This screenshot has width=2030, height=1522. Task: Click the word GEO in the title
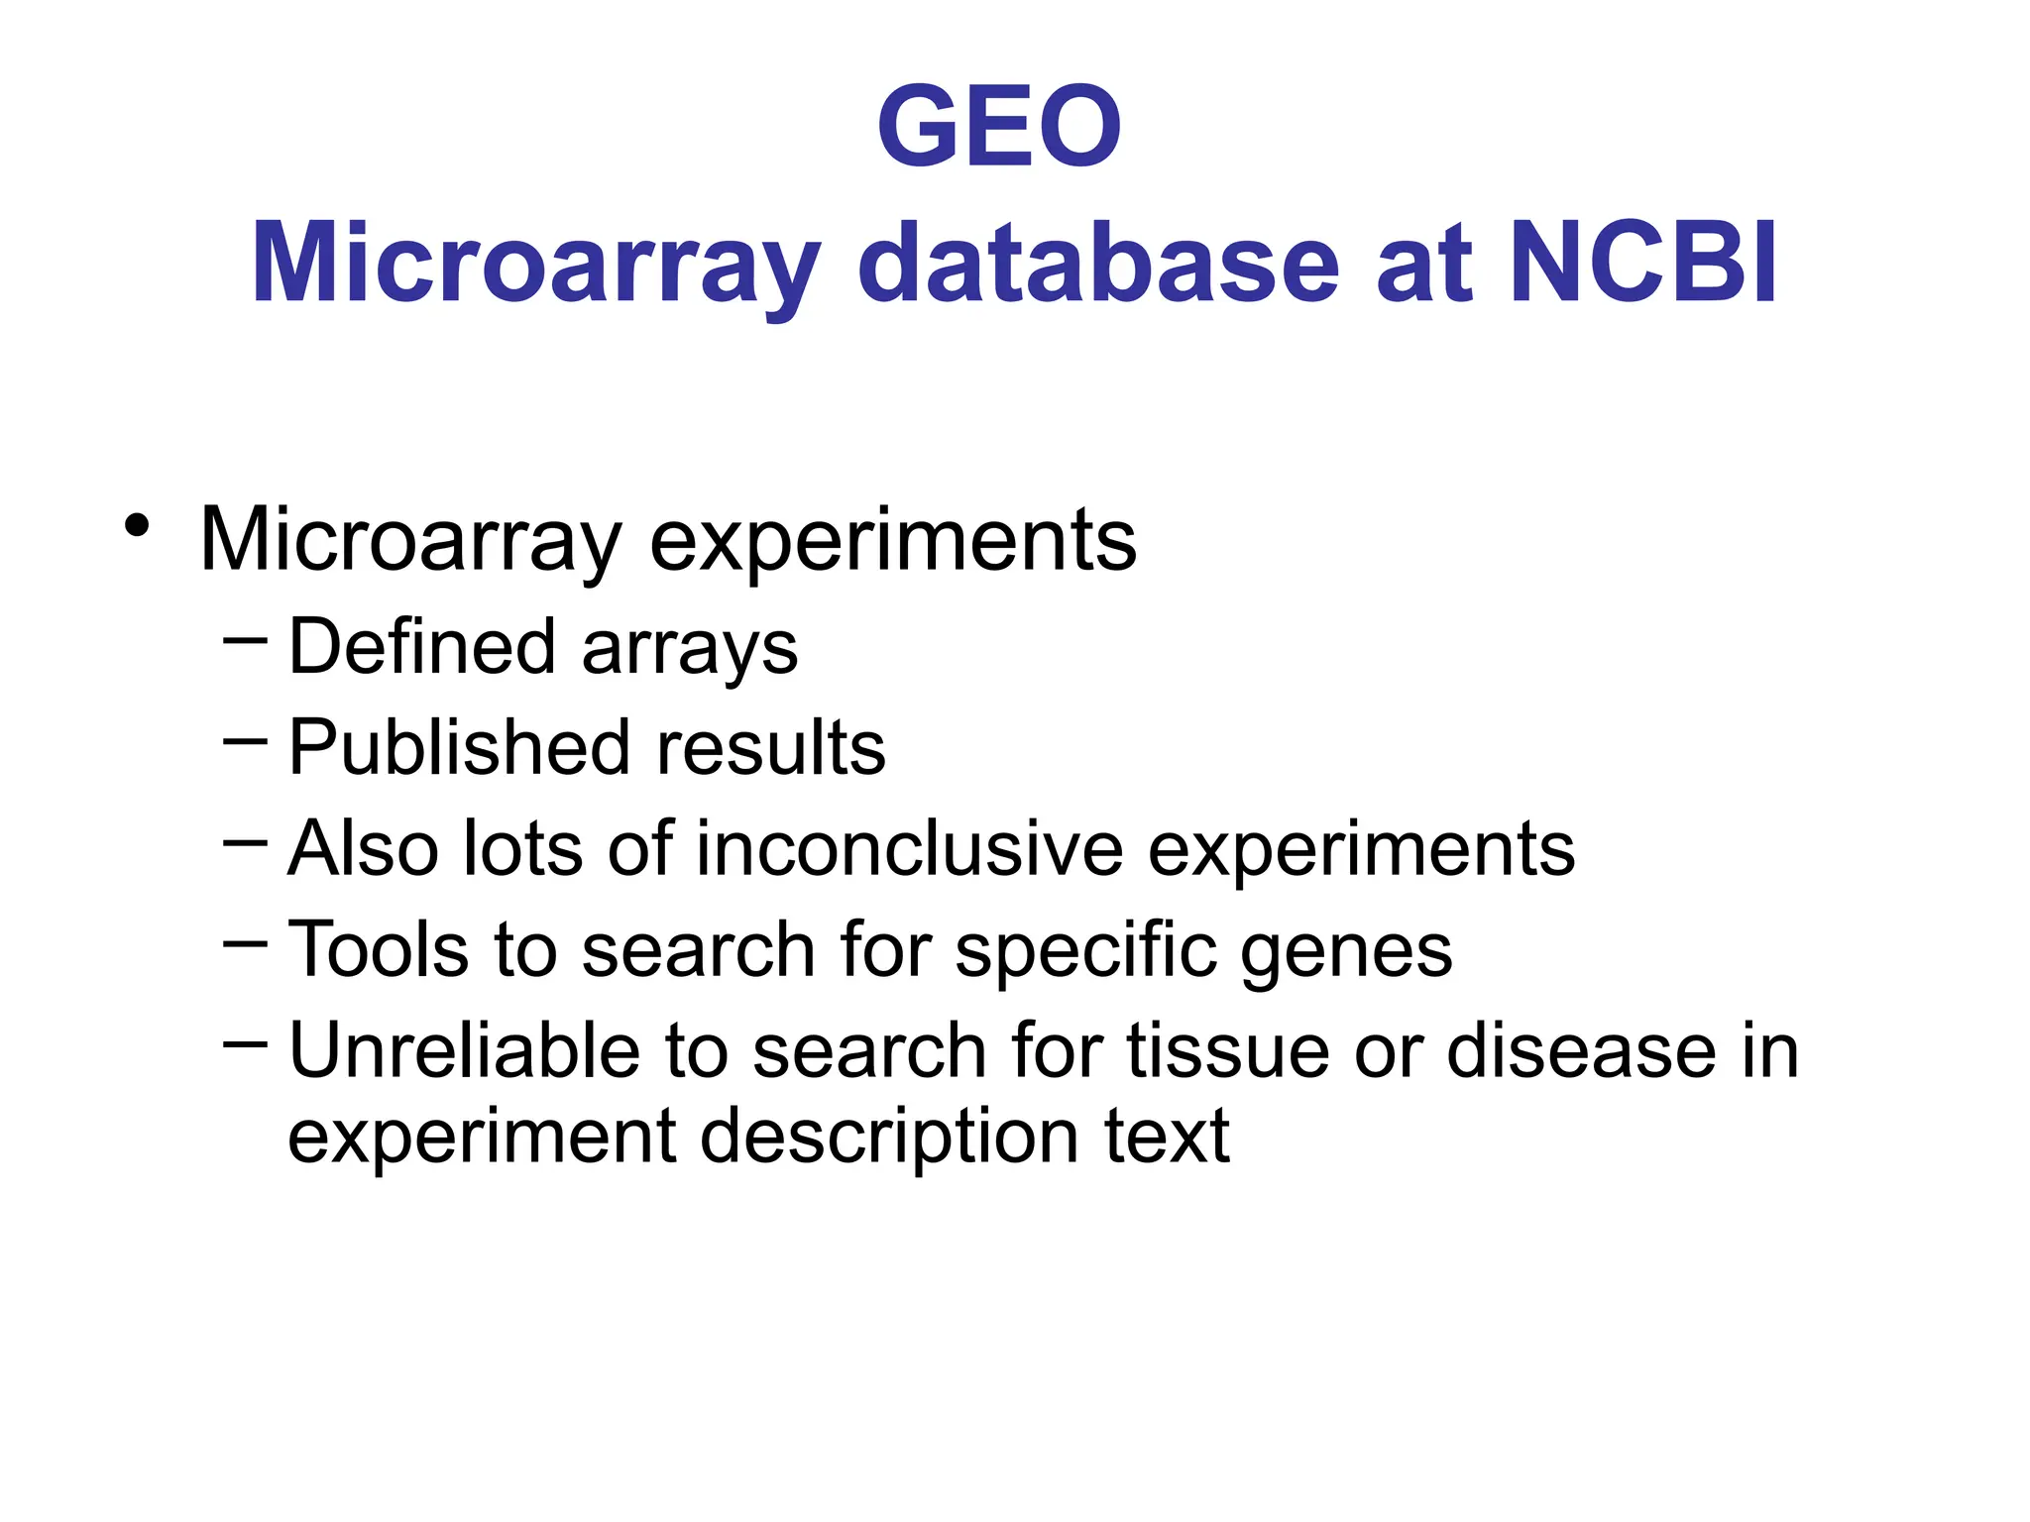999,127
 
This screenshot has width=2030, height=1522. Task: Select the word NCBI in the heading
1645,263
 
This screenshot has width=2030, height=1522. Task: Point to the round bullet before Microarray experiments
138,525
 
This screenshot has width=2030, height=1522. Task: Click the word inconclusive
910,849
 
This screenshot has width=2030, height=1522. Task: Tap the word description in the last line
889,1138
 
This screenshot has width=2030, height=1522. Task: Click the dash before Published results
246,740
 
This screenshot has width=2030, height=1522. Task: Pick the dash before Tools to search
246,942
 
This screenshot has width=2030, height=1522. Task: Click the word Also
363,849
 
